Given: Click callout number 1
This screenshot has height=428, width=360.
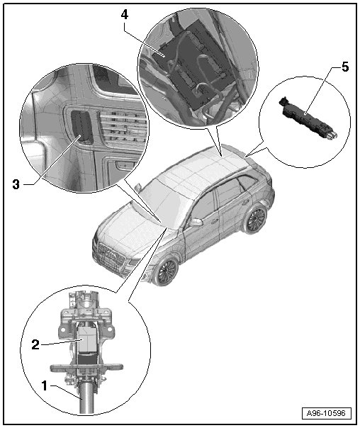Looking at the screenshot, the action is (x=44, y=386).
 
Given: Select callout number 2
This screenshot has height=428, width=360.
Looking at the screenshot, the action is (x=35, y=345).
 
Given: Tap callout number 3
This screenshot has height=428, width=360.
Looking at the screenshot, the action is (x=16, y=184).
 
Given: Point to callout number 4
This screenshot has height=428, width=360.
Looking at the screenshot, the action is (x=125, y=15).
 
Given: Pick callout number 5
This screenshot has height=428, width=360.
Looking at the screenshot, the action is (x=345, y=67).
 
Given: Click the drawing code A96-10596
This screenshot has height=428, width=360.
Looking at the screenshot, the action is (x=326, y=413).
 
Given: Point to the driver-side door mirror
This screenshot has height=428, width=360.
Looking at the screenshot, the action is (x=196, y=223).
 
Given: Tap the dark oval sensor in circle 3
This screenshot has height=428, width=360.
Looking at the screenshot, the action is (x=81, y=126).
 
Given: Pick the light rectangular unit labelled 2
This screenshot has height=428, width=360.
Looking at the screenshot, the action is (x=87, y=340).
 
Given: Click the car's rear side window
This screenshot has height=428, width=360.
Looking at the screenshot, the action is (x=247, y=182).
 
